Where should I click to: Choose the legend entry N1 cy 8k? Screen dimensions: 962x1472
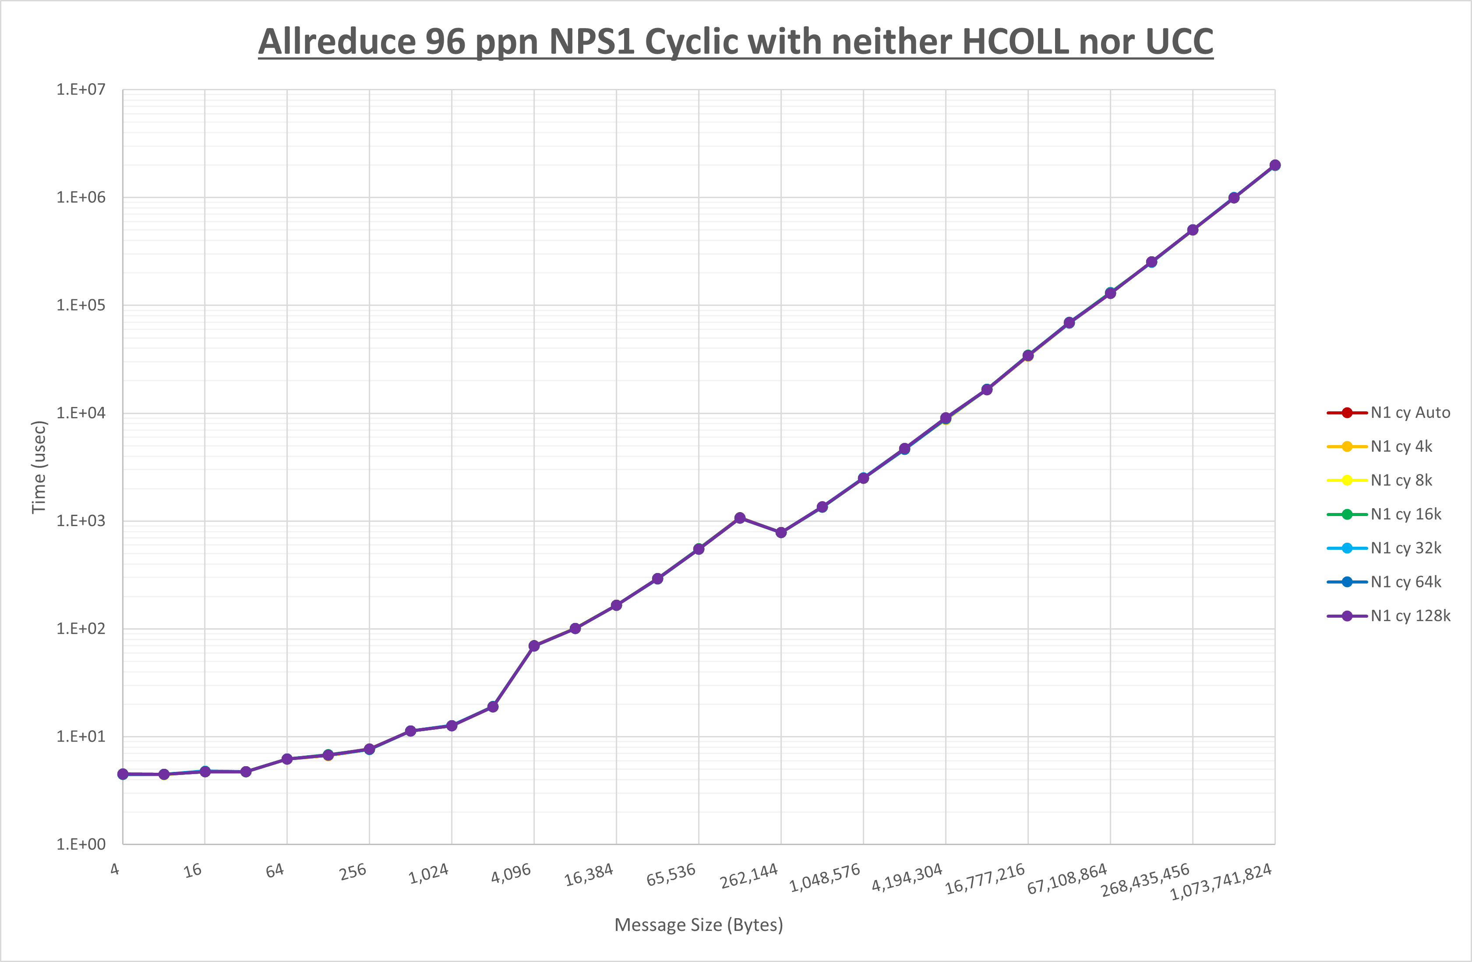pos(1401,481)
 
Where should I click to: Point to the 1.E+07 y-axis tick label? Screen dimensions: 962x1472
pos(81,90)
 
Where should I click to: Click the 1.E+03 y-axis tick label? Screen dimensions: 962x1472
pos(81,521)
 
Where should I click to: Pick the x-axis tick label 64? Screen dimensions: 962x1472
pos(275,871)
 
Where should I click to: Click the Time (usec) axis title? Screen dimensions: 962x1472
pos(39,467)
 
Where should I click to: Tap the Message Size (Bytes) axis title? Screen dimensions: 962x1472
pos(698,925)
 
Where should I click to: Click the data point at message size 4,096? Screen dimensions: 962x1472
pos(534,646)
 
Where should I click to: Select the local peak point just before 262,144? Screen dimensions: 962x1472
pos(740,518)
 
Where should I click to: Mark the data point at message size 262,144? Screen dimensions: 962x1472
pos(781,532)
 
